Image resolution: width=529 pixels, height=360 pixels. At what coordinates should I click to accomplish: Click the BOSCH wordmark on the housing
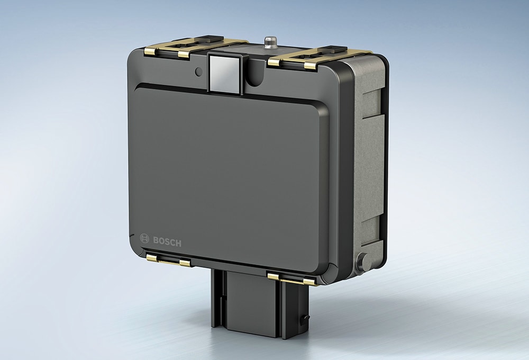[167, 242]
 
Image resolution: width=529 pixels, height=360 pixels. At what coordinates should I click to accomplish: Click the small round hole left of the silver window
[198, 71]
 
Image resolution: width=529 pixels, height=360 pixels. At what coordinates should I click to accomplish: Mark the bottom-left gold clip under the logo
[168, 260]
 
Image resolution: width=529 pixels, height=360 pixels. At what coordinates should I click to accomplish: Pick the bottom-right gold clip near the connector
[290, 278]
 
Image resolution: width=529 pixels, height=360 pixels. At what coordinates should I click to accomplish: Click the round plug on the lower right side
[363, 260]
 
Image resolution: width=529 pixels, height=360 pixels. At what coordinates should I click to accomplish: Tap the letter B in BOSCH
[156, 241]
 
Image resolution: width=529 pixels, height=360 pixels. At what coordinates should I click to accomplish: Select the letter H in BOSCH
[178, 244]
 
